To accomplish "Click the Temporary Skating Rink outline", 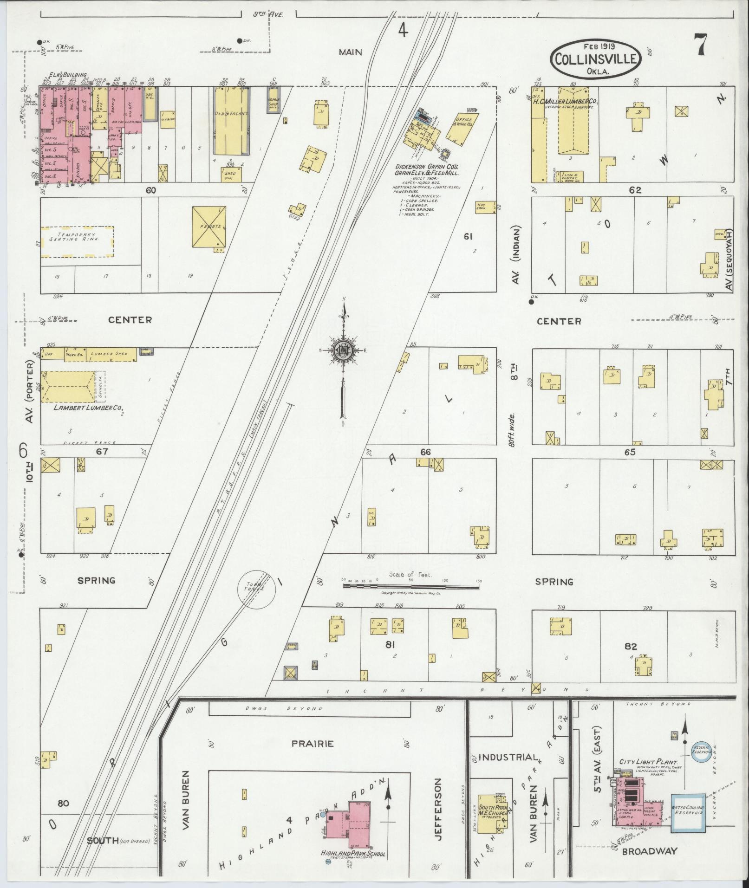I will pyautogui.click(x=77, y=242).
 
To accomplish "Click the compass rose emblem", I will pyautogui.click(x=343, y=351).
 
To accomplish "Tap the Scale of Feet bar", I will pyautogui.click(x=411, y=586).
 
